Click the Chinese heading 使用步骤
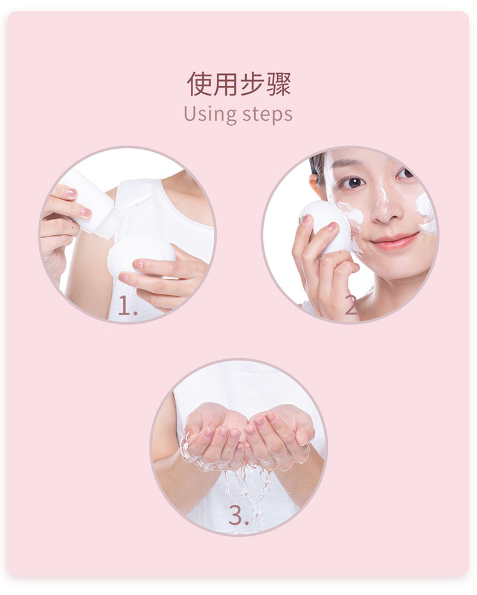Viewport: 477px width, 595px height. click(x=238, y=84)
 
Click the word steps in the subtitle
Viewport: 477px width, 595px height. click(x=267, y=115)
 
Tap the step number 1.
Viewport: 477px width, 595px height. click(x=127, y=306)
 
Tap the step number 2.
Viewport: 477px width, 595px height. click(x=351, y=305)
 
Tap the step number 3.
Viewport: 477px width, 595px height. click(x=238, y=515)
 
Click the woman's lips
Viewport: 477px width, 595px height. click(x=395, y=241)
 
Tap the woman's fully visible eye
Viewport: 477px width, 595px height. click(x=353, y=182)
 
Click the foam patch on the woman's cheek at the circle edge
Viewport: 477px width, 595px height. click(x=426, y=212)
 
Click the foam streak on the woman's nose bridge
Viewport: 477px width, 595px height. click(x=383, y=197)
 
